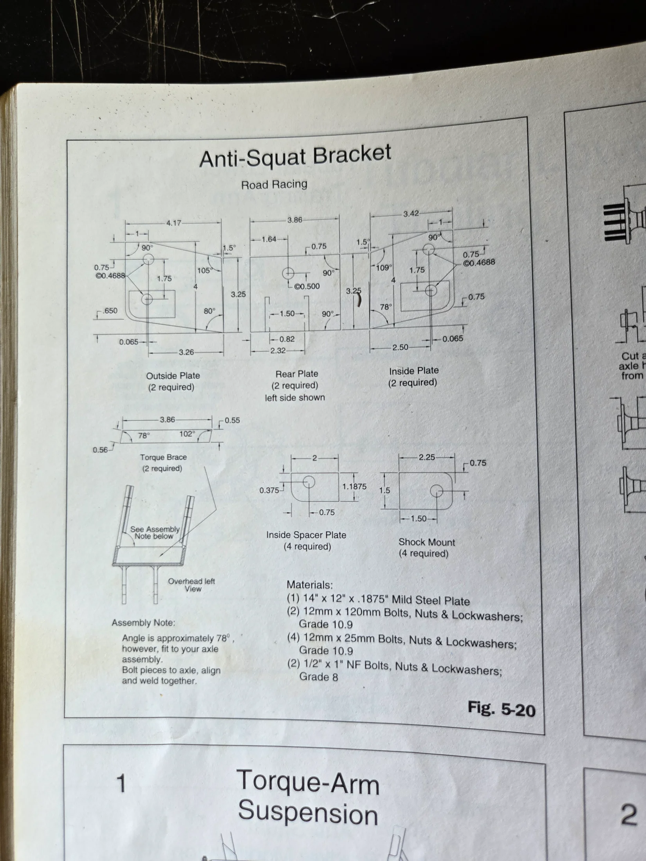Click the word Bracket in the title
352,154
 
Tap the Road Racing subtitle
274,184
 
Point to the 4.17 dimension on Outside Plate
174,223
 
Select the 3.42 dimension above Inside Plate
411,214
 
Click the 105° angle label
205,270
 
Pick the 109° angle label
384,268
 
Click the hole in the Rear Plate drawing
288,273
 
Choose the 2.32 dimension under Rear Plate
278,351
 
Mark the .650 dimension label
110,311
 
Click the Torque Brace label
163,457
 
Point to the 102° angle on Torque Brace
187,434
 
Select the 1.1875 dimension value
354,486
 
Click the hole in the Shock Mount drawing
437,491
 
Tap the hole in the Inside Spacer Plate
309,482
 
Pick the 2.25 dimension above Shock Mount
427,457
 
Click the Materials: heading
310,585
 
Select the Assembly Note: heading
143,623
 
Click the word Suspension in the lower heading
308,813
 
